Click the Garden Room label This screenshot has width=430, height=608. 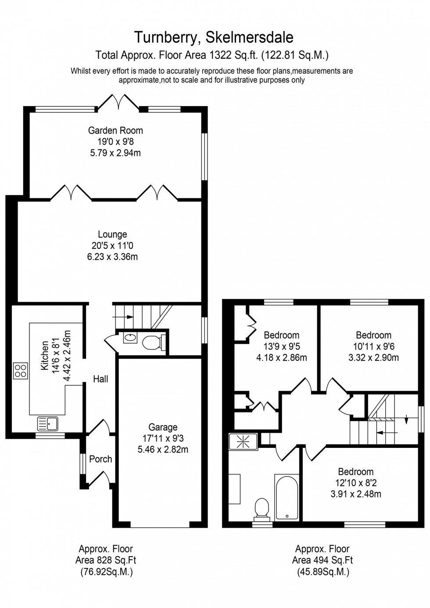(x=115, y=130)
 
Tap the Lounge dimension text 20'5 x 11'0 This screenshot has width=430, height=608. (x=112, y=246)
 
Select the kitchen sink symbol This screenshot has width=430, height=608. (x=48, y=423)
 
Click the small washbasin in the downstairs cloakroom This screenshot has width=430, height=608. (x=130, y=338)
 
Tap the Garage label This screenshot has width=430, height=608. (x=163, y=427)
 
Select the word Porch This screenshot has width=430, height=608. (x=100, y=459)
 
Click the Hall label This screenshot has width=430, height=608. (x=100, y=379)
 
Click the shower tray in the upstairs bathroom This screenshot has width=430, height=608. (x=243, y=441)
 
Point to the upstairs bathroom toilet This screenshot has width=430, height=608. (x=262, y=509)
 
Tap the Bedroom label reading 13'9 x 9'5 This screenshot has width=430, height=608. (x=281, y=347)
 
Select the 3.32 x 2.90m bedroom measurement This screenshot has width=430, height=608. (x=373, y=358)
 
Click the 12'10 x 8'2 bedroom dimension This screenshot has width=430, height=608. (x=355, y=483)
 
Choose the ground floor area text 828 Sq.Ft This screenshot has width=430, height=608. (x=106, y=560)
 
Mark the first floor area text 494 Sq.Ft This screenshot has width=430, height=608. (x=322, y=560)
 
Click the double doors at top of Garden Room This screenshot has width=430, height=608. (x=118, y=102)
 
